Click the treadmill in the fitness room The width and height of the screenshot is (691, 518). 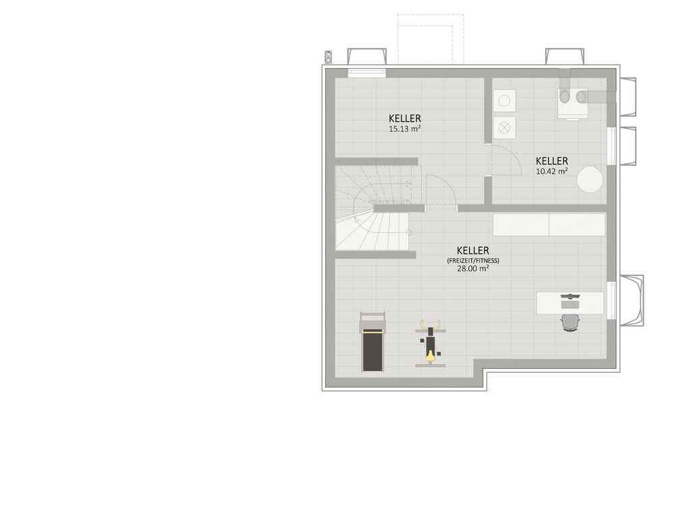click(x=372, y=342)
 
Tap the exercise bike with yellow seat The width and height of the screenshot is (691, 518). click(x=430, y=343)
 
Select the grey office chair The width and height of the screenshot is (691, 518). click(x=570, y=322)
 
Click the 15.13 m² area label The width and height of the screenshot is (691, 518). click(x=405, y=129)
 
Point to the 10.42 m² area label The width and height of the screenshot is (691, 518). click(x=551, y=171)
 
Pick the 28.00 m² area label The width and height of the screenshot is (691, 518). click(x=473, y=268)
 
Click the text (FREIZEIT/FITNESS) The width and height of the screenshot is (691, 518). click(x=473, y=260)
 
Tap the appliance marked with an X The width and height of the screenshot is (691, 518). click(x=504, y=127)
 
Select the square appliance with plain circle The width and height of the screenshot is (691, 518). click(x=504, y=100)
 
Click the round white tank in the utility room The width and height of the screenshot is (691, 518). click(x=590, y=179)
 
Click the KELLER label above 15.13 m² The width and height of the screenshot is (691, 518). click(x=405, y=118)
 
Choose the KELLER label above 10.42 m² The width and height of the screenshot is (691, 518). click(x=551, y=161)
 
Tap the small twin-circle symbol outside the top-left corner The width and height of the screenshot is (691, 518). click(x=329, y=57)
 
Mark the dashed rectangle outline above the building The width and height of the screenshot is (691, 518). click(x=431, y=40)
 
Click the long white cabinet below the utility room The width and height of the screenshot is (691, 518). click(x=549, y=225)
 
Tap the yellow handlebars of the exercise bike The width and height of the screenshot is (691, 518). click(x=430, y=324)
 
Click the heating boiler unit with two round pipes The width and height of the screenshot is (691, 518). click(x=572, y=103)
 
